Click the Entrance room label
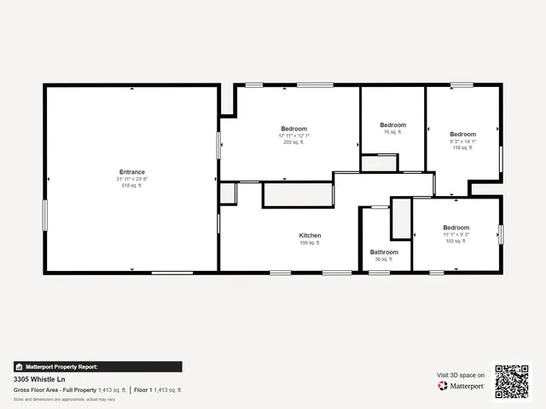(x=132, y=172)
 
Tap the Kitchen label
(x=310, y=235)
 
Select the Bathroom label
(x=384, y=252)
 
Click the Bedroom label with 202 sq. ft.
(x=293, y=129)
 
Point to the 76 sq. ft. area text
(x=392, y=132)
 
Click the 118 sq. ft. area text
(x=462, y=147)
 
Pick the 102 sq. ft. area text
(x=456, y=241)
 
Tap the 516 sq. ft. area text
(x=132, y=185)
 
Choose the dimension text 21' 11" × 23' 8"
(x=132, y=179)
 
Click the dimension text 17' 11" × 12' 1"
(x=293, y=135)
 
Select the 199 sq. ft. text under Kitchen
(x=310, y=243)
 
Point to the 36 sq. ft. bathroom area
(x=384, y=259)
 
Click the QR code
(x=512, y=381)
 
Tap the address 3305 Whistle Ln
(x=39, y=378)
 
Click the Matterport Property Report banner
(x=97, y=366)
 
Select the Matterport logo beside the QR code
(x=462, y=386)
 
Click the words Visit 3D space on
(x=461, y=375)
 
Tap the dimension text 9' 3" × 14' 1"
(x=462, y=141)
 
